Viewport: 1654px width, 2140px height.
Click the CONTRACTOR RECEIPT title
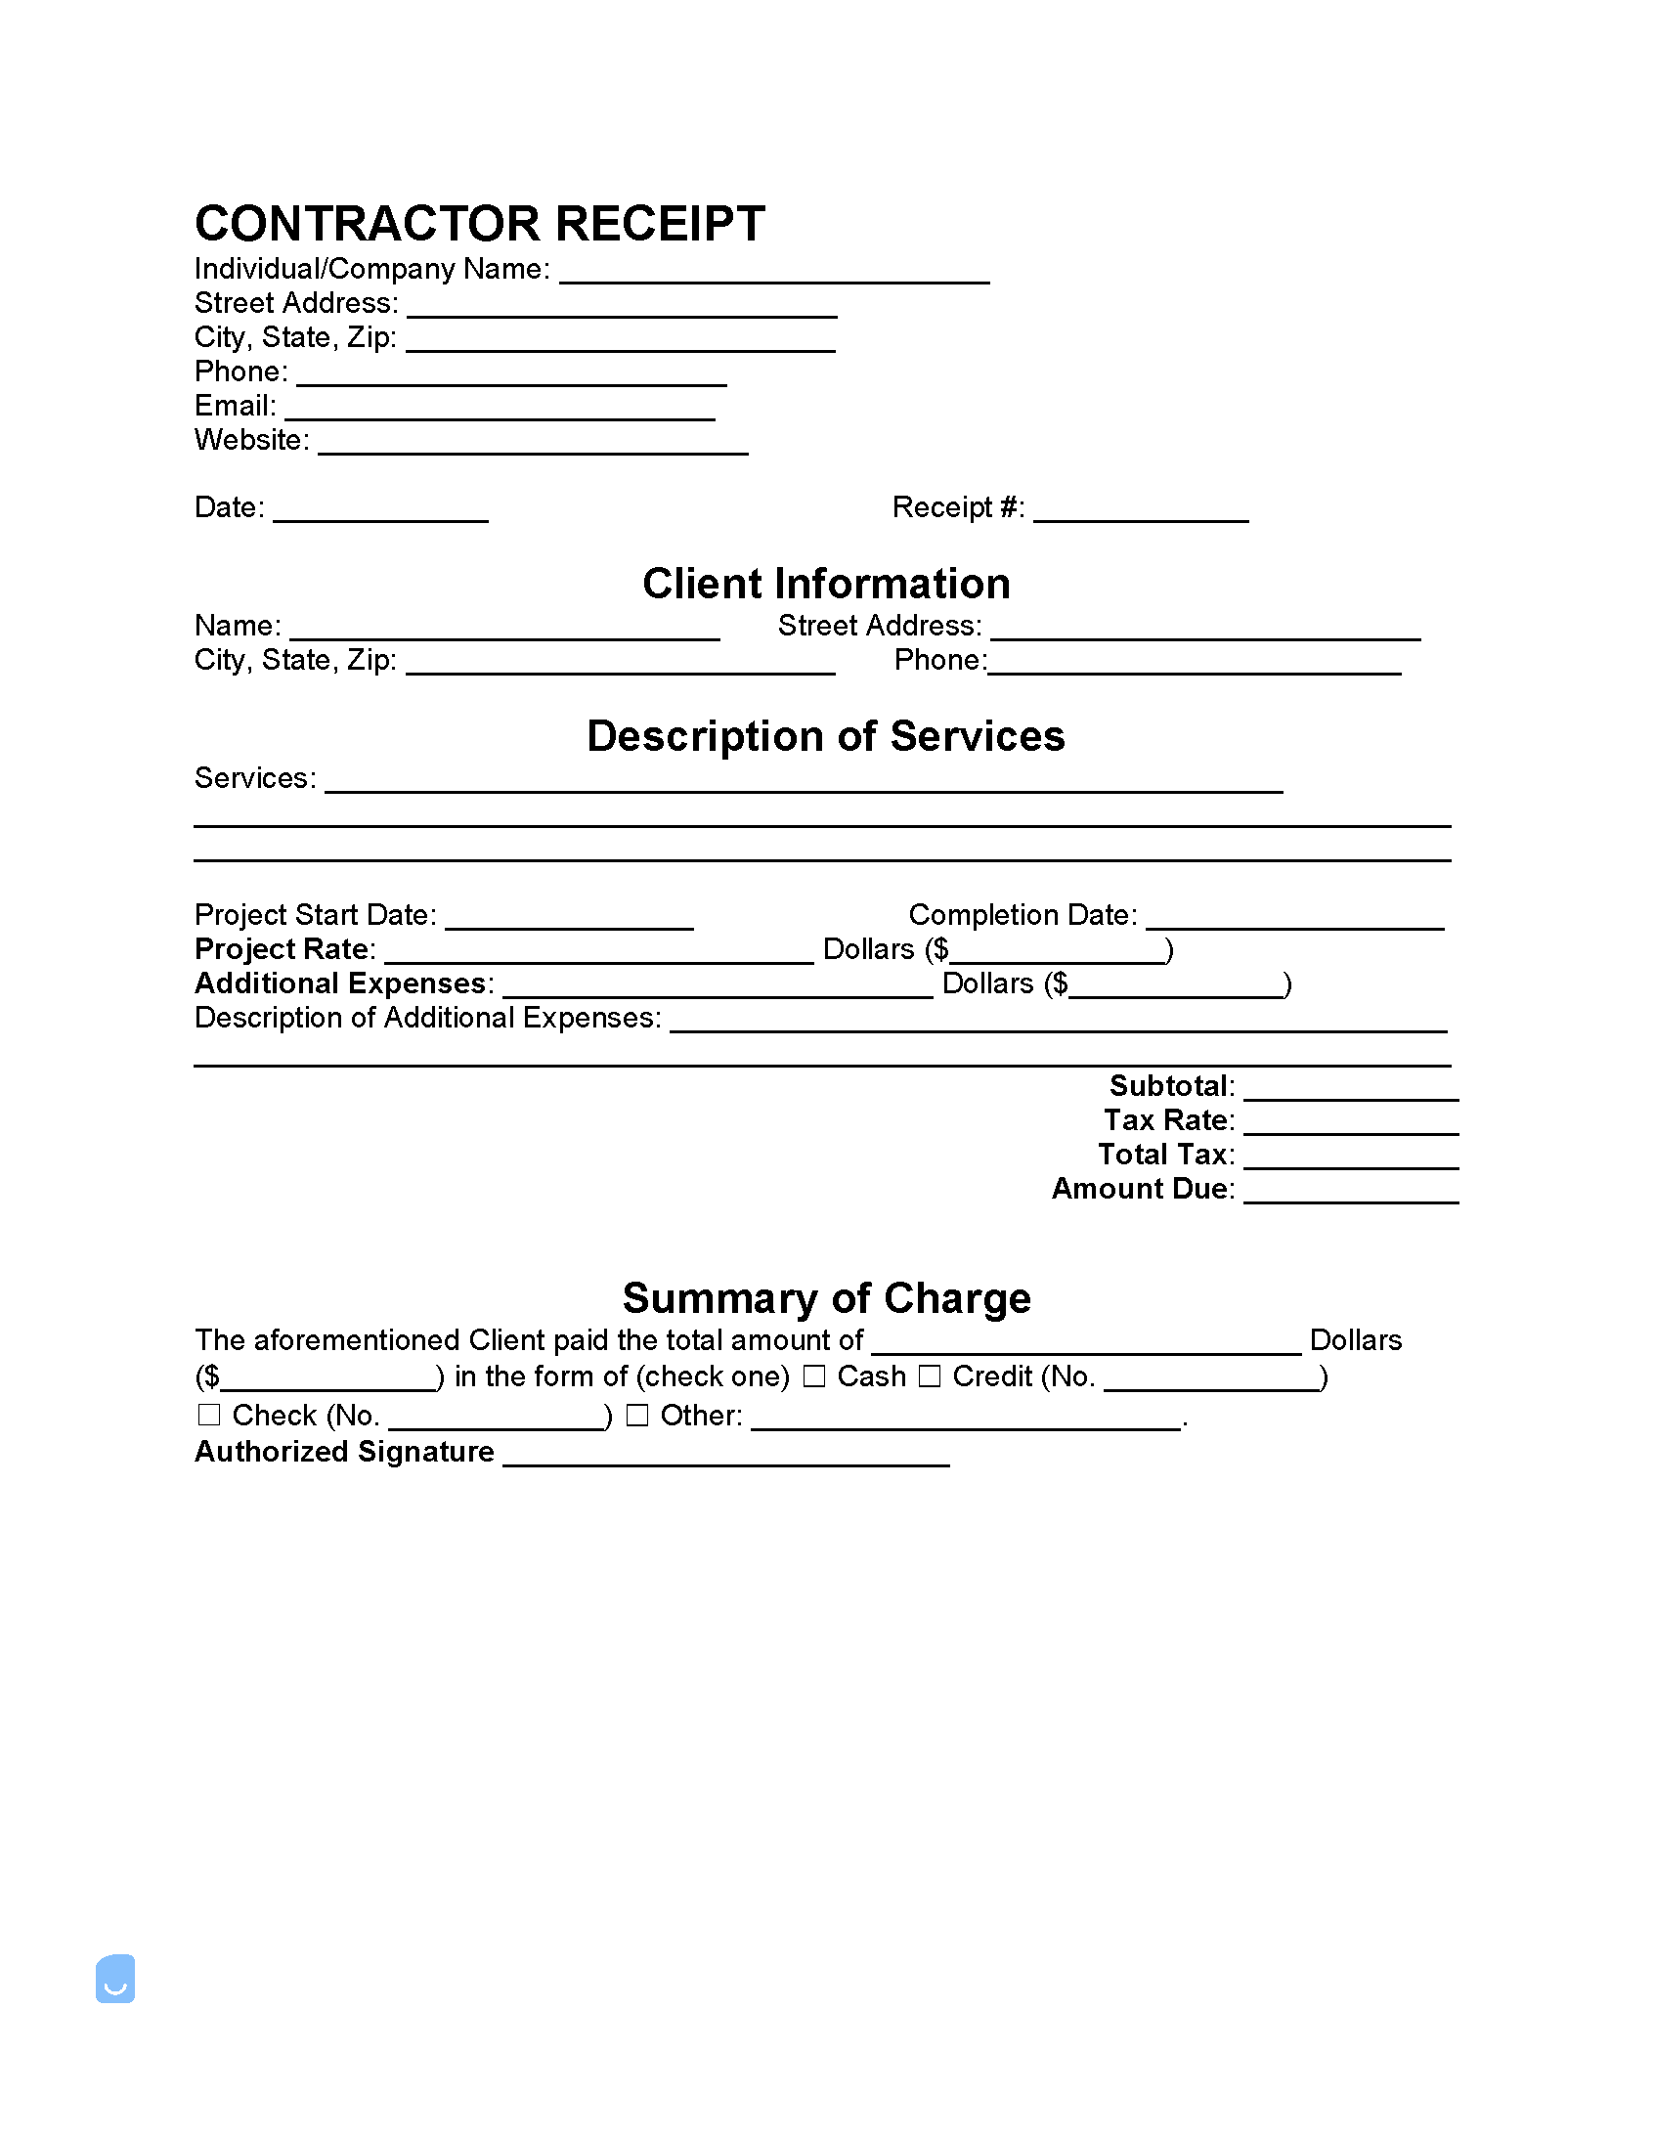[x=479, y=225]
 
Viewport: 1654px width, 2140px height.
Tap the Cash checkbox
[x=813, y=1376]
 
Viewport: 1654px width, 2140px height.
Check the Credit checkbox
[x=929, y=1376]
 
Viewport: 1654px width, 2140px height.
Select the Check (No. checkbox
[x=209, y=1415]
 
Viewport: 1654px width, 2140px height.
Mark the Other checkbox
[x=637, y=1415]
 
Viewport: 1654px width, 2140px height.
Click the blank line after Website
[x=533, y=444]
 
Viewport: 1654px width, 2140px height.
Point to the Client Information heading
[x=826, y=584]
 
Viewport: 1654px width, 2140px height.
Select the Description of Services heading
[x=825, y=736]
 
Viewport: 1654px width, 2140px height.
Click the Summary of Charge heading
[x=826, y=1298]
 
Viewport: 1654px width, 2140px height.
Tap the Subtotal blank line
[x=1350, y=1090]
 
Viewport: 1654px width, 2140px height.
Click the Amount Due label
[x=1142, y=1189]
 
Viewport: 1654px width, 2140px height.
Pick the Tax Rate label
[x=1168, y=1120]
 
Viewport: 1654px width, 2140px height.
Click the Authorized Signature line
[x=725, y=1455]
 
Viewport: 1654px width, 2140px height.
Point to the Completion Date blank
[x=1294, y=918]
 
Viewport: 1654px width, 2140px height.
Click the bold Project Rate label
[x=283, y=949]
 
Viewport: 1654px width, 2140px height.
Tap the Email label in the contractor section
[x=235, y=406]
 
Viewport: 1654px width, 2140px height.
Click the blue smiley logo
[x=115, y=1979]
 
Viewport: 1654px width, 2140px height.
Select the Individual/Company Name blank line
[x=774, y=273]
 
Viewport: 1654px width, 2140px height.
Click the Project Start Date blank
[x=568, y=918]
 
